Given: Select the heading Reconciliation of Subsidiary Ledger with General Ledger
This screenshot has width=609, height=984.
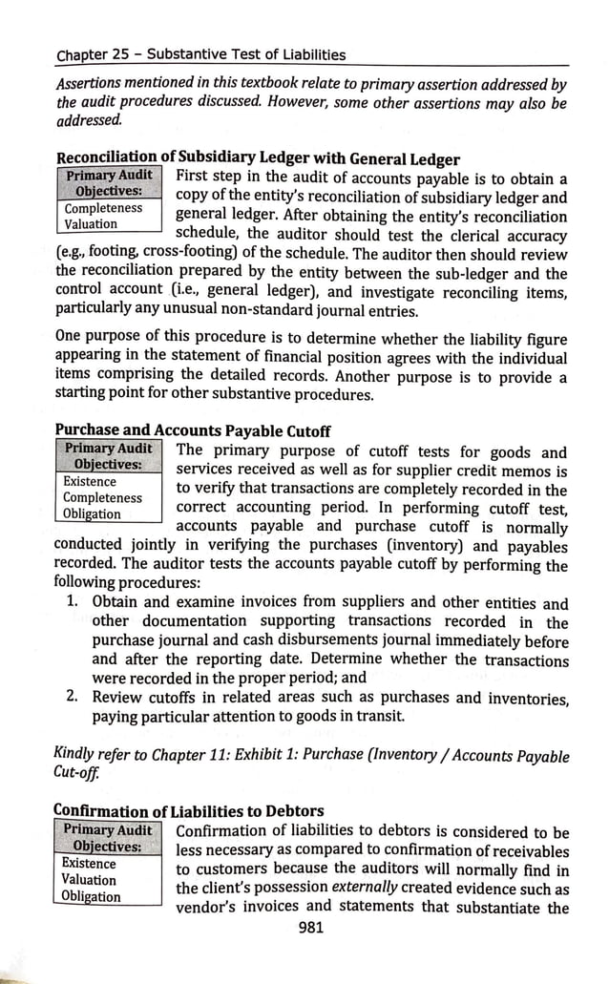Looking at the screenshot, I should click(x=258, y=158).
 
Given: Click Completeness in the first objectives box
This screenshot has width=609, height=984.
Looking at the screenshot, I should click(x=103, y=208).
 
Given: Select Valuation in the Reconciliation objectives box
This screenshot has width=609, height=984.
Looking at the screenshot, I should click(x=91, y=224).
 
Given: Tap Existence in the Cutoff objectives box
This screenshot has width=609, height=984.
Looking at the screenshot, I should click(x=90, y=481).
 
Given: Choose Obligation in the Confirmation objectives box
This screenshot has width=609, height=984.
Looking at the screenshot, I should click(x=92, y=896).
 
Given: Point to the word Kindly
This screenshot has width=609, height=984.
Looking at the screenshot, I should click(x=77, y=756).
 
